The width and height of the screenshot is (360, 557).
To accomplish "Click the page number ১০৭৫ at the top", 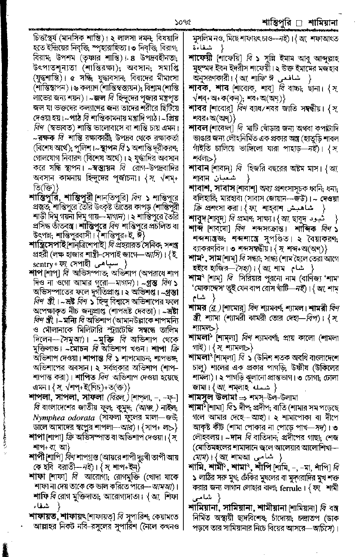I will click(x=183, y=22).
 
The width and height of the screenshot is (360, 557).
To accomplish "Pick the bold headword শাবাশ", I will click(x=199, y=187).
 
